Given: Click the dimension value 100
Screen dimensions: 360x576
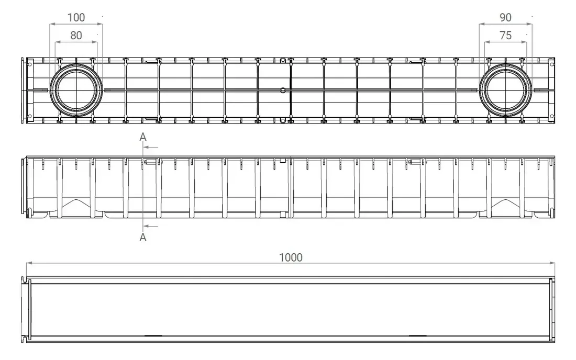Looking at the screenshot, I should [x=76, y=17].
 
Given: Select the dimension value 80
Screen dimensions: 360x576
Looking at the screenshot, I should [x=76, y=36].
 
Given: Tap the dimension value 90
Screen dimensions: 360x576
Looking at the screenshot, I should [x=505, y=17].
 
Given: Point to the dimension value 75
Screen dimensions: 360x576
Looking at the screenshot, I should [x=505, y=36].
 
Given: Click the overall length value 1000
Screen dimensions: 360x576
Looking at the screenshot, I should [x=291, y=257].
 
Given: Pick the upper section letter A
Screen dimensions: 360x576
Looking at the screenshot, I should [x=142, y=137].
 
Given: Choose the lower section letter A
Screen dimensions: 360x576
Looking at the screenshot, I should [x=142, y=238].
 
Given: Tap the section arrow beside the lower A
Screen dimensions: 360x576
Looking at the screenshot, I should [x=151, y=226].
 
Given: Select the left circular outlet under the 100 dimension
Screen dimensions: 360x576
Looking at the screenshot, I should [x=76, y=90].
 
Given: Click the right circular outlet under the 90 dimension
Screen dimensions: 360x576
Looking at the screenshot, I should [x=505, y=90].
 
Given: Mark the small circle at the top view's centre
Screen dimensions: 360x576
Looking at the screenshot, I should [x=283, y=90].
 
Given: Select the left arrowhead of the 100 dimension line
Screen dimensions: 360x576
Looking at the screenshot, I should [x=51, y=24].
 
